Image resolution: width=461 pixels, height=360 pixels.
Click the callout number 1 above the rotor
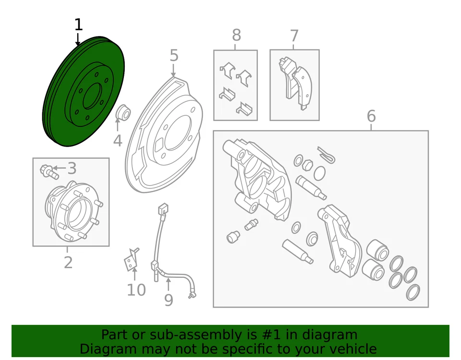(x=78, y=25)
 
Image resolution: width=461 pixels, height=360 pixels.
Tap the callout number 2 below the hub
(x=68, y=262)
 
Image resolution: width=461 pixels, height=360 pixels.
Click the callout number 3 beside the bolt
(x=72, y=168)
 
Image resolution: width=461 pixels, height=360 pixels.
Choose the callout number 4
(x=117, y=141)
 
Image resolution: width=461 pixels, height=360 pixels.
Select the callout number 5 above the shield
(x=173, y=56)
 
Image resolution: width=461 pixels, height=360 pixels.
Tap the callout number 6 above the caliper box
(x=371, y=116)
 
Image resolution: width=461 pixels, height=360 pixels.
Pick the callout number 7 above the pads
(x=294, y=36)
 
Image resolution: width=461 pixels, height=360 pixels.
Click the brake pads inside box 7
(x=294, y=83)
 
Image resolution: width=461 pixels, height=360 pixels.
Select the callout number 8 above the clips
(x=236, y=36)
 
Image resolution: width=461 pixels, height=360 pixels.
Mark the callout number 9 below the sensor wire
(x=168, y=300)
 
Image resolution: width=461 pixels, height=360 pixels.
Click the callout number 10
(x=136, y=290)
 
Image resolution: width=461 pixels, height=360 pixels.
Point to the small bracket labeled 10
(x=131, y=260)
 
